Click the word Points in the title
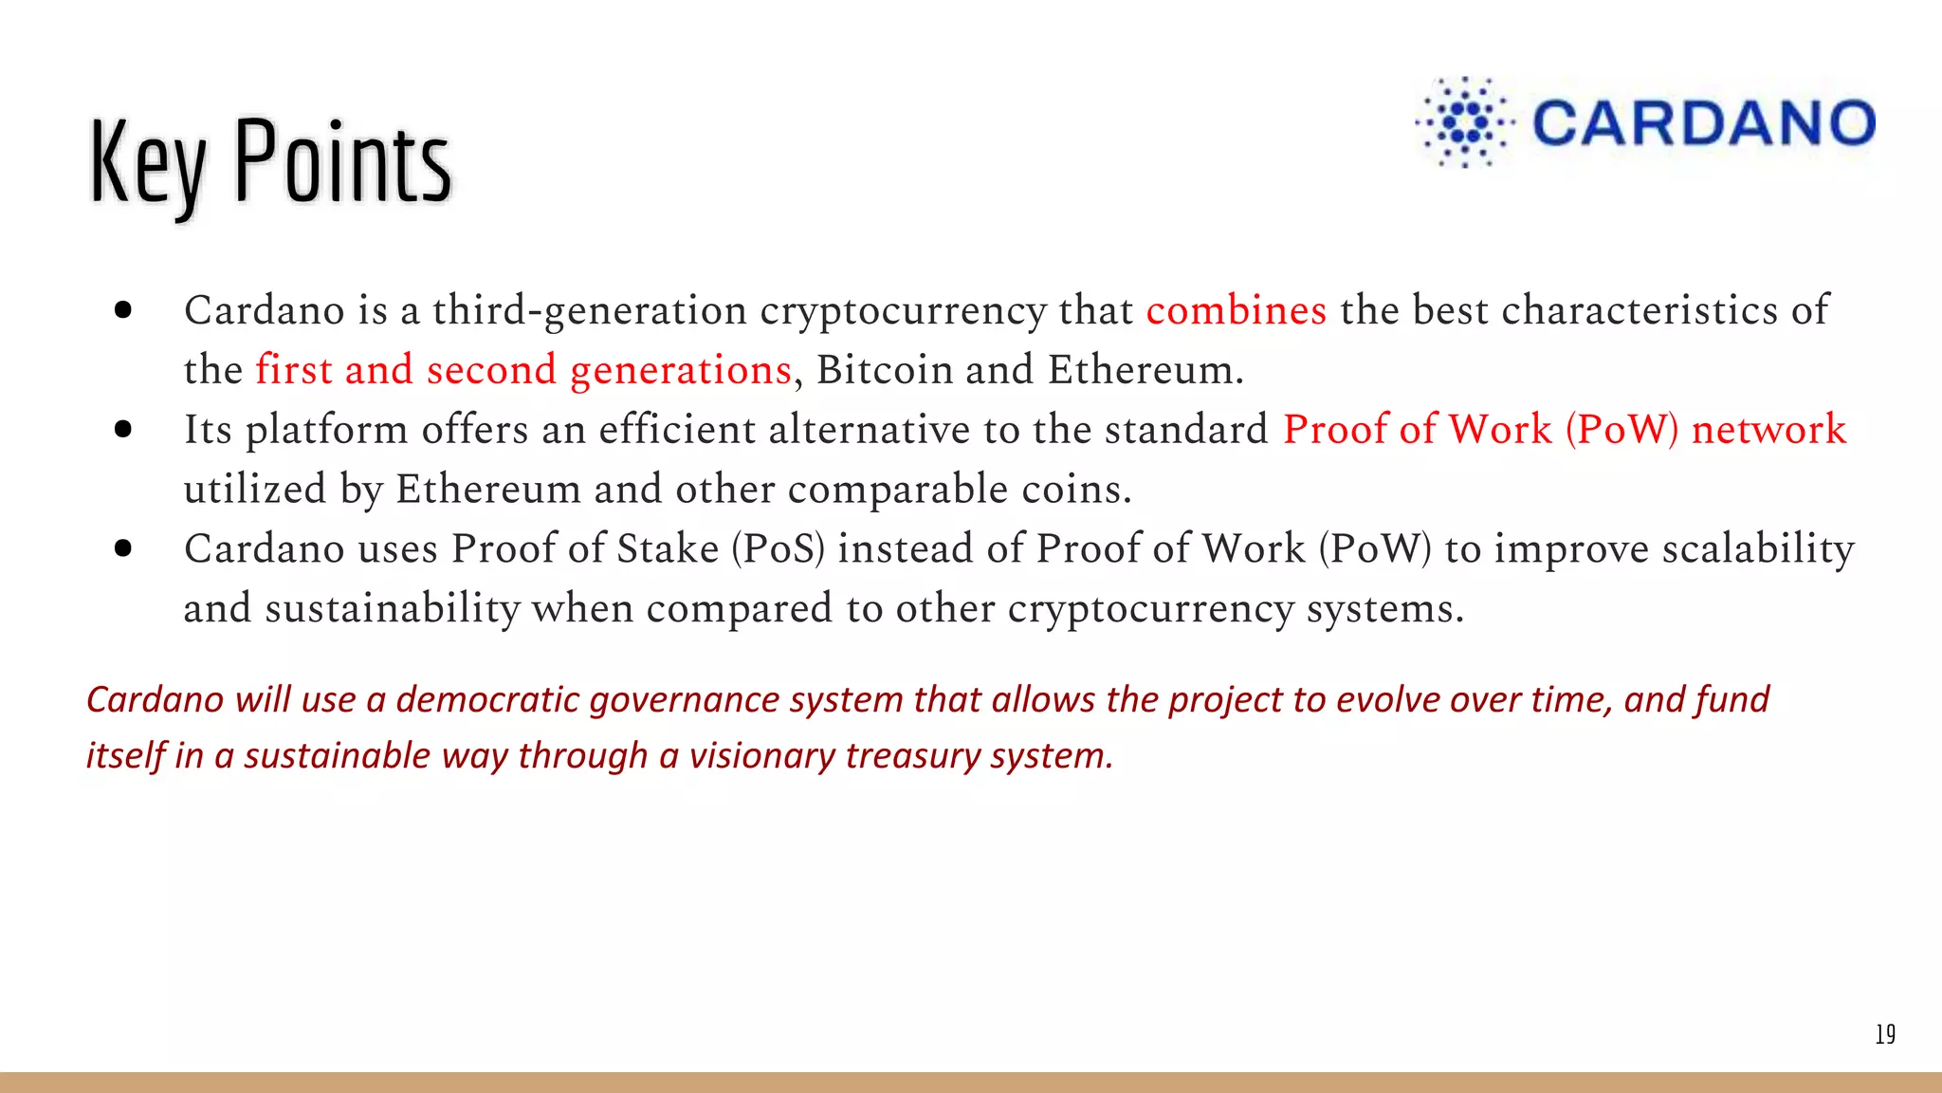[342, 161]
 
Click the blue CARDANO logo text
[1703, 124]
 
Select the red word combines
[1236, 311]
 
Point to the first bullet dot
[122, 310]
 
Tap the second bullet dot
[122, 429]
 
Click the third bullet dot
[122, 548]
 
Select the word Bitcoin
[884, 370]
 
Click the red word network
[1768, 430]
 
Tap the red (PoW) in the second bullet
[1621, 430]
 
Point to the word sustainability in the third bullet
[392, 609]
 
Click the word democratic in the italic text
[487, 700]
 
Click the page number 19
[1885, 1034]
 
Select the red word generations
[680, 371]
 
